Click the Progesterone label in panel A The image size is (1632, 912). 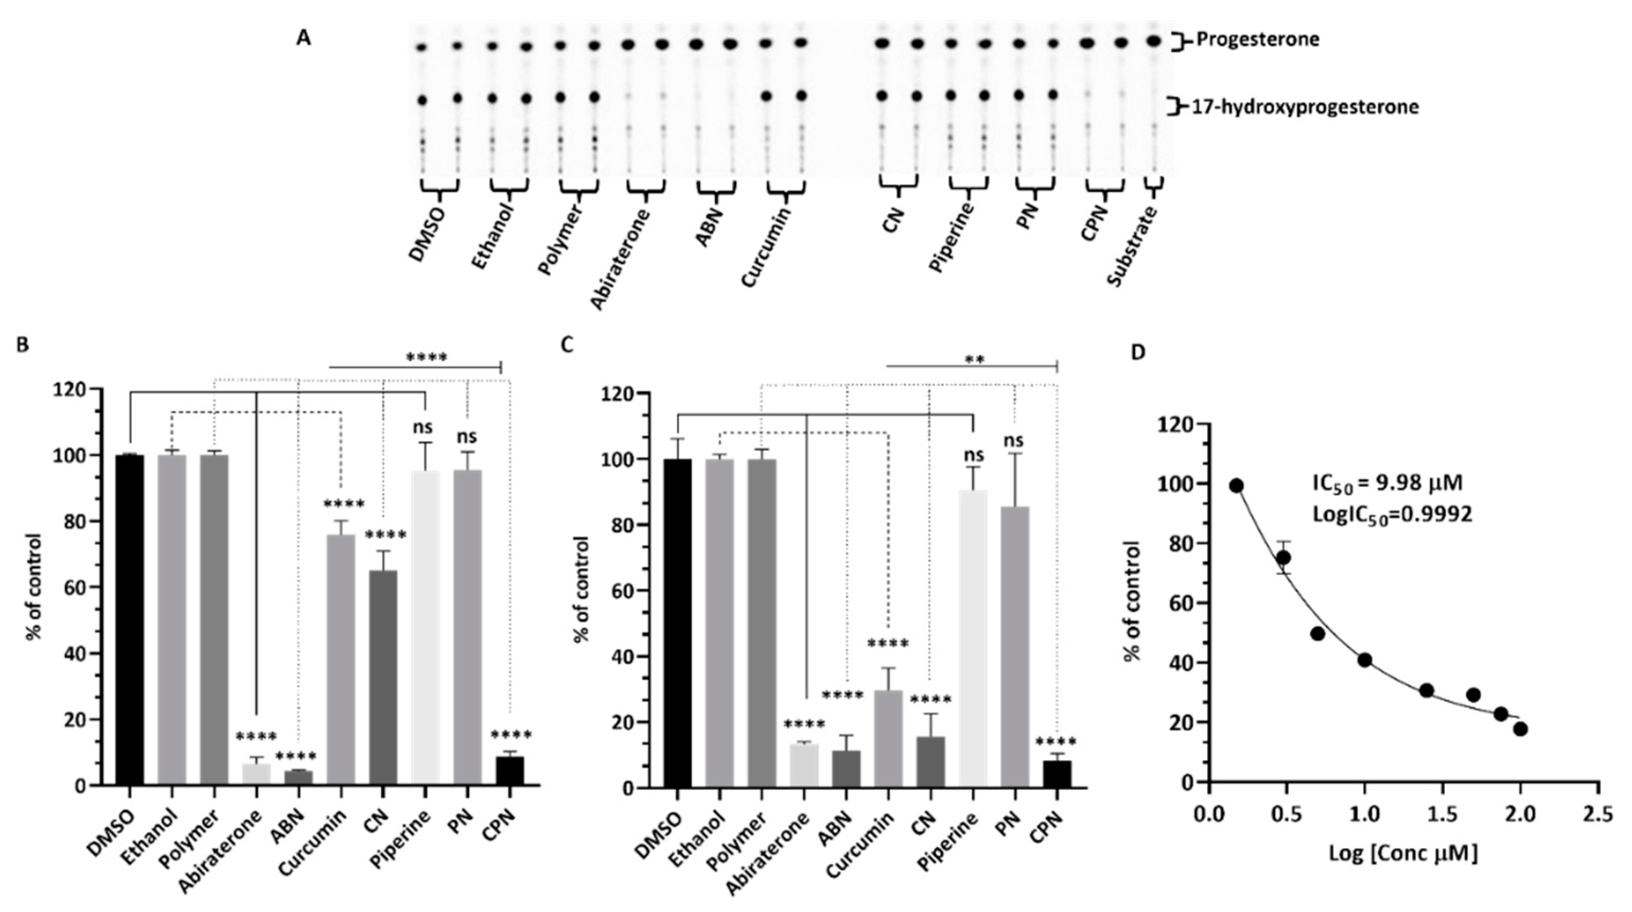(1258, 40)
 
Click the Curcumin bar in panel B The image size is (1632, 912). (341, 659)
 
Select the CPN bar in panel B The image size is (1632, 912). (510, 770)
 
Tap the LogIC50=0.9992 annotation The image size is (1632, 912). (1392, 514)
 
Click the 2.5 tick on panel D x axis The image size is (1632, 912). (1599, 812)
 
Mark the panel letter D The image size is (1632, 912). (1138, 353)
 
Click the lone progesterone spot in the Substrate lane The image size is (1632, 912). (1154, 40)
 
